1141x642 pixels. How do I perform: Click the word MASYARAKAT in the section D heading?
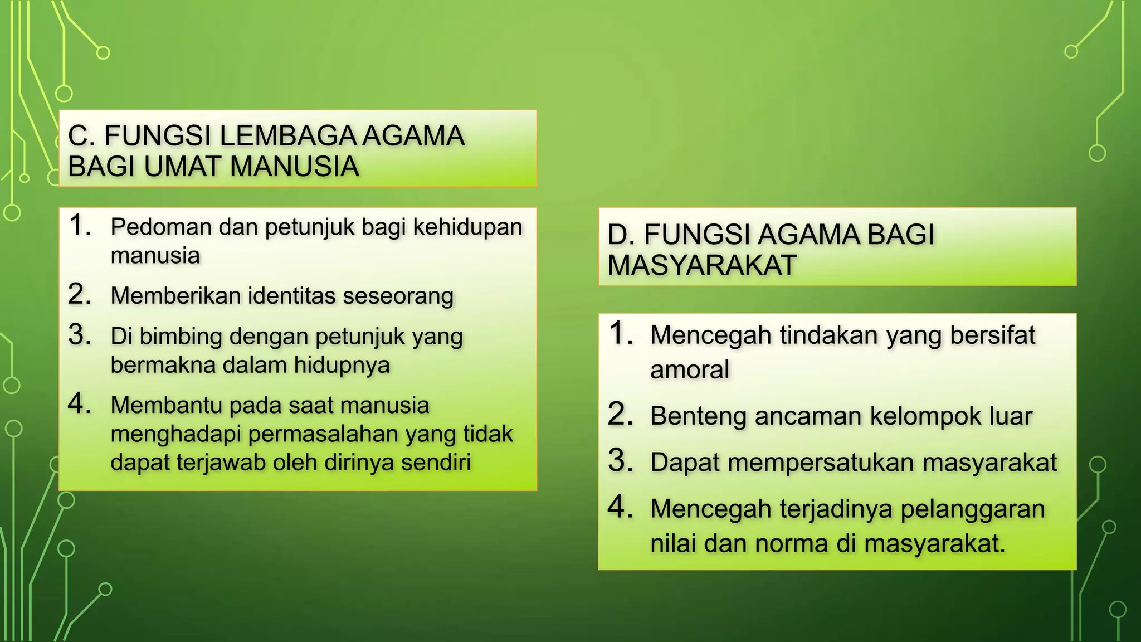(701, 265)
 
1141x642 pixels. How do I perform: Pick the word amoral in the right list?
(690, 369)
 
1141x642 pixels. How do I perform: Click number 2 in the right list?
(621, 415)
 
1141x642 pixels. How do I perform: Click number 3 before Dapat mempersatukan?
(621, 461)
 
